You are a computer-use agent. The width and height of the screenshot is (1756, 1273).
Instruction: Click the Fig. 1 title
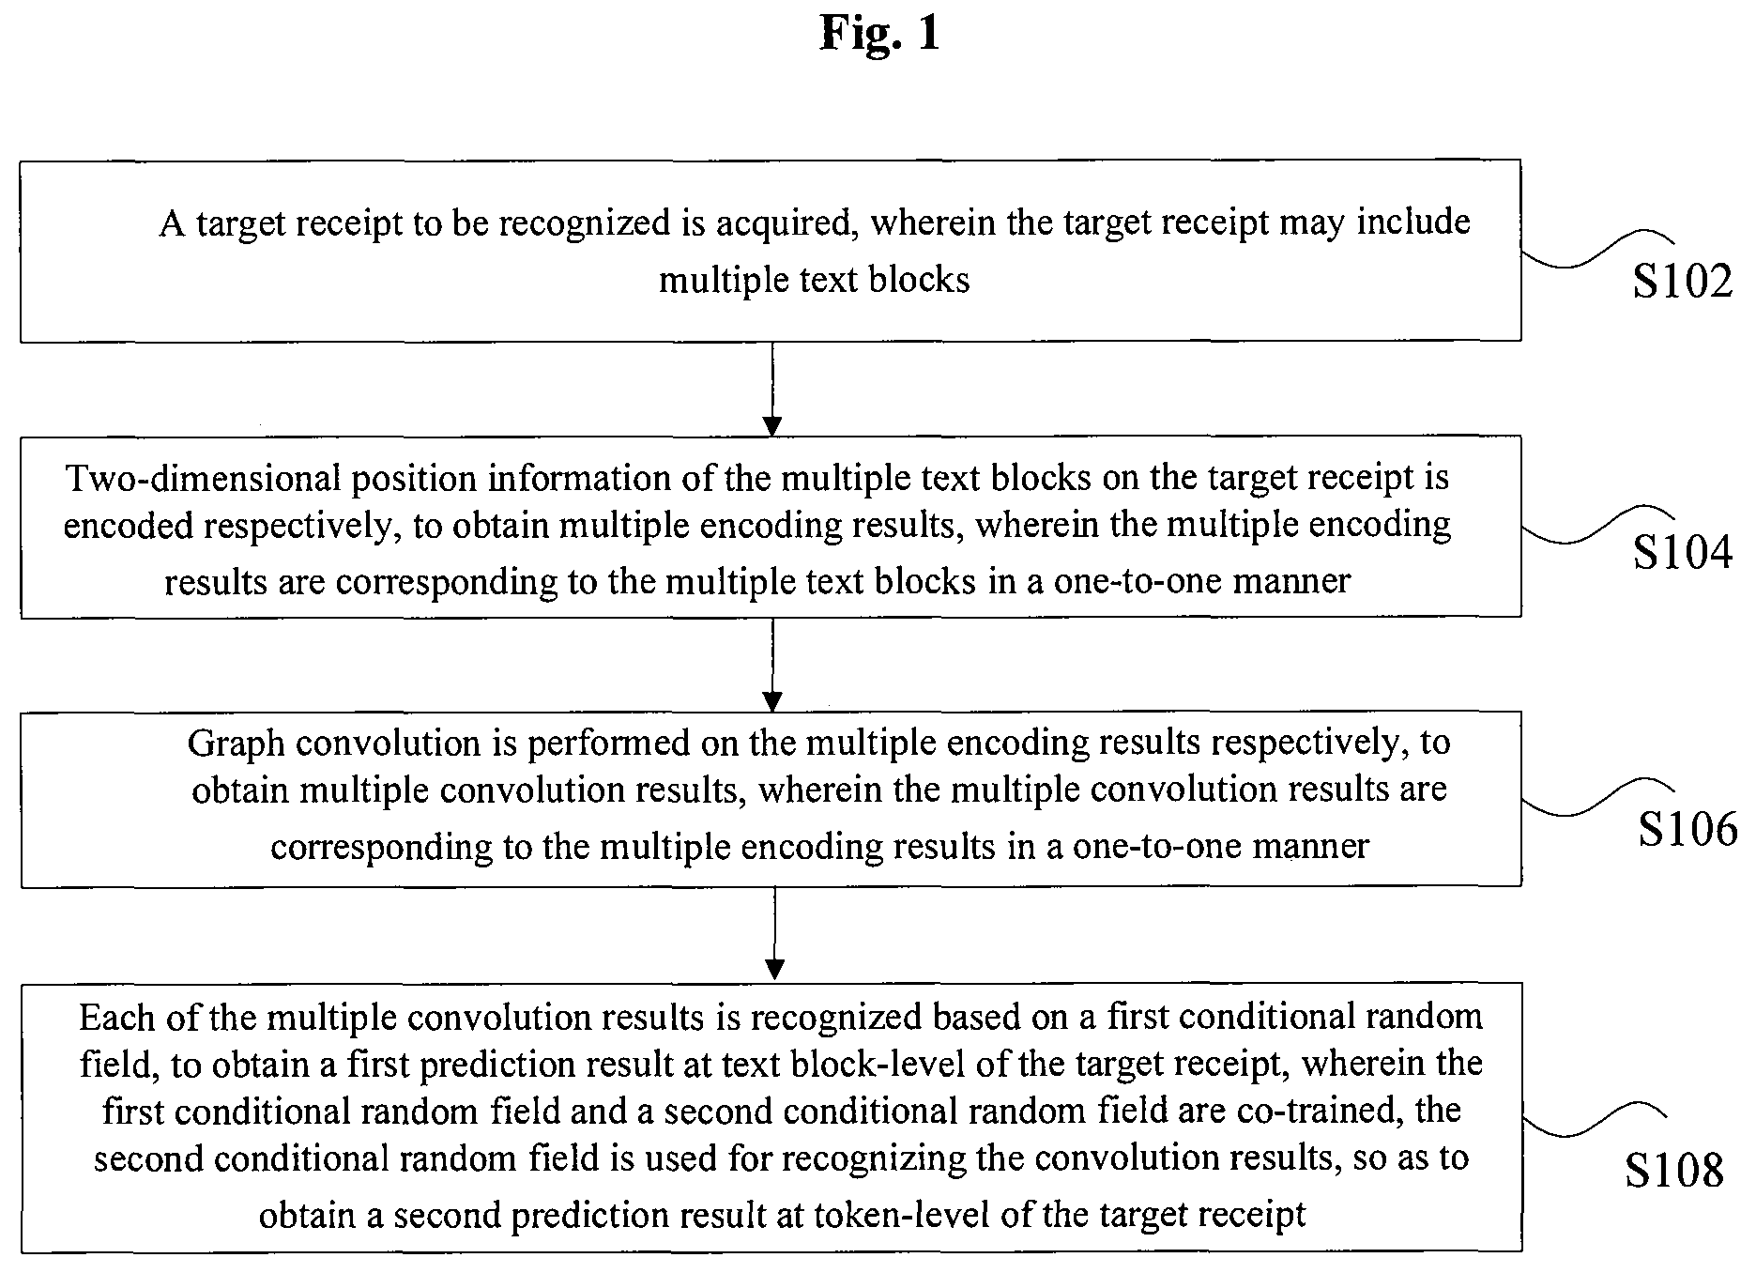pos(878,33)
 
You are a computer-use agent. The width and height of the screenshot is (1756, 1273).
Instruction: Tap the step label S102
pos(1682,281)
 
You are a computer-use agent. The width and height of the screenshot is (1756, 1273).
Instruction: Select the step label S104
pos(1682,552)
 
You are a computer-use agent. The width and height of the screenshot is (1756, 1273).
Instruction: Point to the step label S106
pos(1687,828)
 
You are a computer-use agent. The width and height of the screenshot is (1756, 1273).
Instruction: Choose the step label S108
pos(1674,1170)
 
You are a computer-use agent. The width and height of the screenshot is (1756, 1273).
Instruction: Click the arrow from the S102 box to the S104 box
pos(771,389)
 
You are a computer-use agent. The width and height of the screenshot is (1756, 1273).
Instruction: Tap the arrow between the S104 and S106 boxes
pos(771,665)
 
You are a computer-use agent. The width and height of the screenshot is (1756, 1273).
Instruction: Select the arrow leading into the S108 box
pos(774,934)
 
